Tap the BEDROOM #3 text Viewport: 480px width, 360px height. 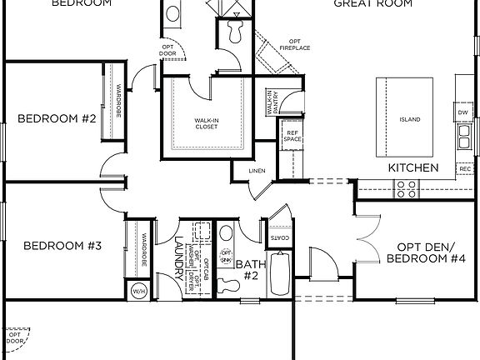pos(62,246)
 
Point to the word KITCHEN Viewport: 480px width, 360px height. pos(413,167)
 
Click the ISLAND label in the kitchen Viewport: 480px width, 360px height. pos(410,119)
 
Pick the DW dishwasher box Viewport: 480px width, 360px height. pos(462,112)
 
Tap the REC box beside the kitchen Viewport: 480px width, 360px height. pos(465,169)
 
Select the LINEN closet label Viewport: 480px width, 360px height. pos(257,172)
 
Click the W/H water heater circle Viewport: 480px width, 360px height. pos(138,291)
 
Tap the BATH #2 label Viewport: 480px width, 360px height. pos(248,269)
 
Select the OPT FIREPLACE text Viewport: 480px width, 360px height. pos(294,44)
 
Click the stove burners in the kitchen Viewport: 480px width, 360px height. pos(407,190)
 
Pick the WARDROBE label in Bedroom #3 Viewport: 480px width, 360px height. pos(143,250)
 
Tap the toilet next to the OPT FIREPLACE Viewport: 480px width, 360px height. pos(232,31)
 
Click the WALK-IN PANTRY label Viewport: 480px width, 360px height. pos(271,102)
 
